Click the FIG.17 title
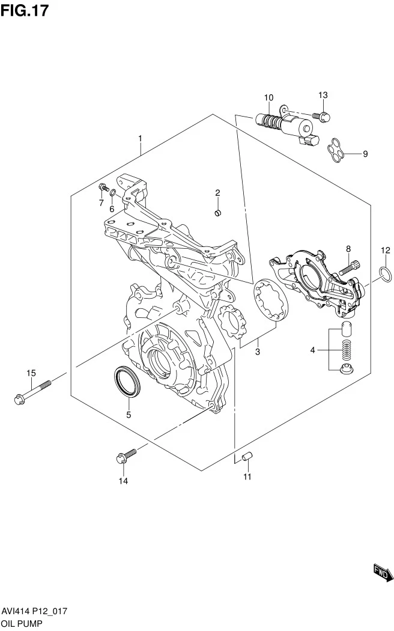(x=24, y=10)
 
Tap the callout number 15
(x=31, y=373)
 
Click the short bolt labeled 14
(x=126, y=456)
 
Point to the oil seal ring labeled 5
(x=128, y=381)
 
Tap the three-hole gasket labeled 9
(x=335, y=150)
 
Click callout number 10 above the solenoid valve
(x=268, y=97)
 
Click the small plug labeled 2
(x=217, y=213)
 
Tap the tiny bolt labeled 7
(x=104, y=187)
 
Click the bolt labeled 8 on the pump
(x=350, y=268)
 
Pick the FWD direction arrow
(x=383, y=572)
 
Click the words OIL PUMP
(x=21, y=623)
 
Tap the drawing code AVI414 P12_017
(x=34, y=611)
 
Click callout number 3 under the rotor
(x=258, y=352)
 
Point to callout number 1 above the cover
(x=141, y=138)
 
